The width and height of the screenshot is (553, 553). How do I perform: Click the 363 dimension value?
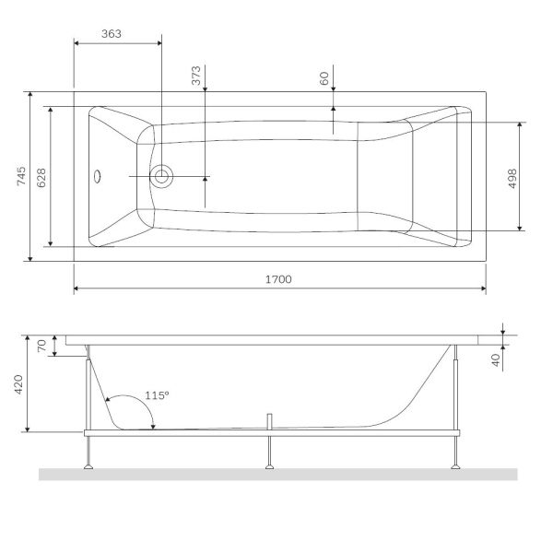(111, 33)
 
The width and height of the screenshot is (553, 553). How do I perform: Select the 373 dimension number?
(196, 76)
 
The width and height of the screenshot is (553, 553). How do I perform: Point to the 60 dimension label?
(324, 79)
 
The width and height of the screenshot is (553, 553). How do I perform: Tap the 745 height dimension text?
(22, 175)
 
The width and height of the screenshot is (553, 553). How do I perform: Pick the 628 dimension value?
(41, 176)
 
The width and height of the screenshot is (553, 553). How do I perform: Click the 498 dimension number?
(512, 176)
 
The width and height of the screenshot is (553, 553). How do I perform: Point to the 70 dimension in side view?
(41, 346)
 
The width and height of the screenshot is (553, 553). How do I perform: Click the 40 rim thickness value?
(495, 359)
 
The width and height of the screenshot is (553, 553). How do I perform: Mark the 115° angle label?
(157, 395)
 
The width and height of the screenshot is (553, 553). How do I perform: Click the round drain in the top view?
(162, 176)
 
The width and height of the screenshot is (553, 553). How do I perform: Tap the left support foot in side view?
(88, 465)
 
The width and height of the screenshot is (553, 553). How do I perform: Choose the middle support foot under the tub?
(269, 465)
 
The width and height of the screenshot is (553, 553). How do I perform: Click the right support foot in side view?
(455, 465)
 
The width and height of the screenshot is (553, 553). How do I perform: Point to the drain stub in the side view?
(269, 421)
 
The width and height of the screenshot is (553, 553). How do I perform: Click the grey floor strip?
(276, 475)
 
